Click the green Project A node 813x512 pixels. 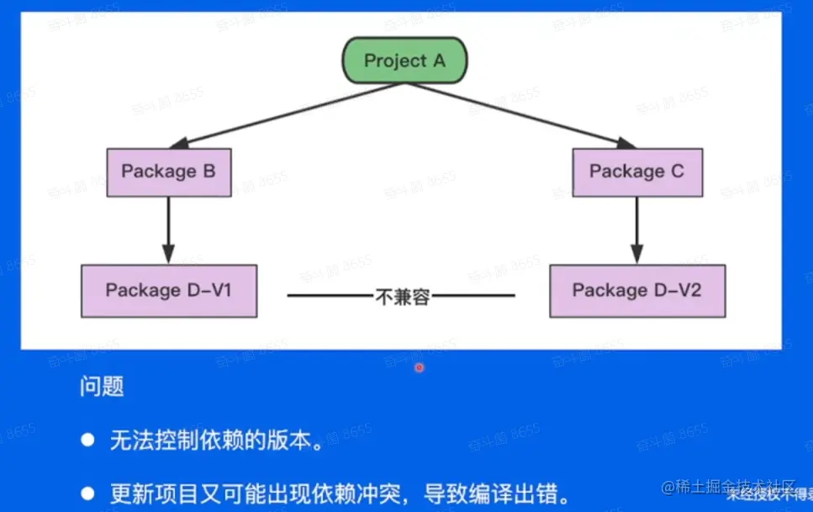(404, 61)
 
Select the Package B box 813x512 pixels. (168, 172)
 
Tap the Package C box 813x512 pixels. (636, 172)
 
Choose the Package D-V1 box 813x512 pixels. (168, 291)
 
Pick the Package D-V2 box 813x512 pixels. (636, 291)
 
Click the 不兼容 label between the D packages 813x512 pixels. (402, 296)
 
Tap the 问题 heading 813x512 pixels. (102, 386)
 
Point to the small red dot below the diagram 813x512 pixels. (419, 367)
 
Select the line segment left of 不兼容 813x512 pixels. (330, 296)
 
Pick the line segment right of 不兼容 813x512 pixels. (472, 296)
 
